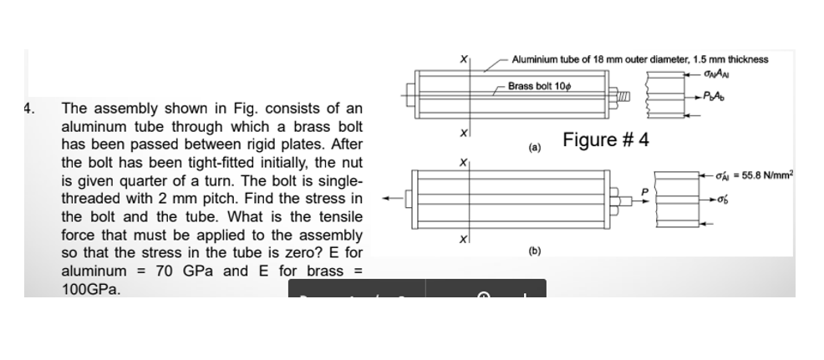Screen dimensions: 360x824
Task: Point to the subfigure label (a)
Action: pos(532,148)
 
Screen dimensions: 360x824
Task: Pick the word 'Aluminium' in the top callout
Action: pos(535,59)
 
